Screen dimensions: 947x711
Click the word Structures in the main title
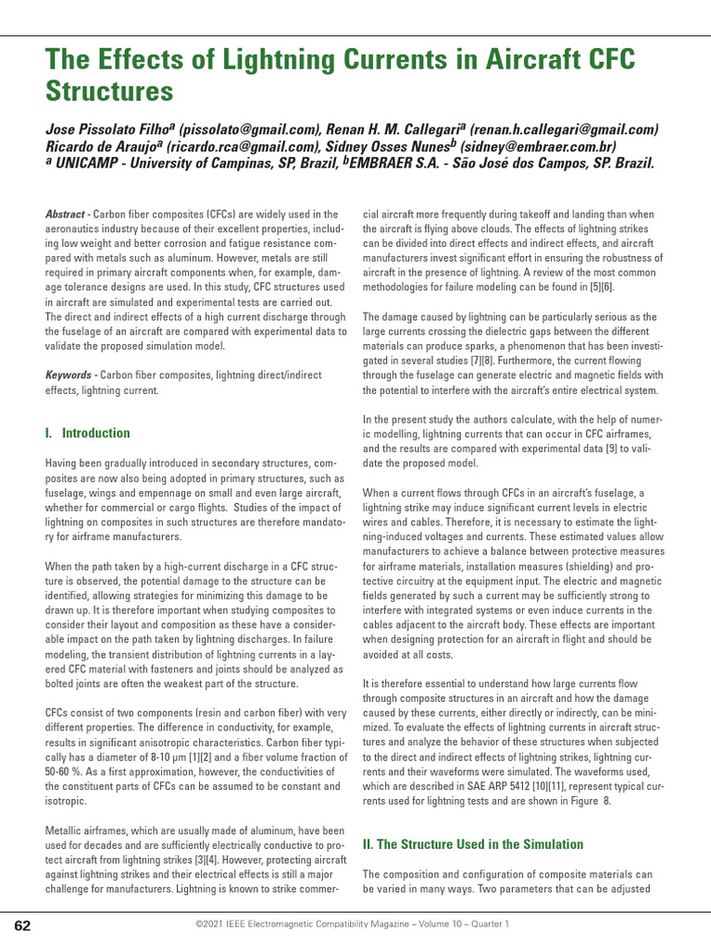(109, 92)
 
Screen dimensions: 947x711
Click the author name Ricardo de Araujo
(102, 146)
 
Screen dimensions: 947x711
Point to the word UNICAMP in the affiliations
(90, 163)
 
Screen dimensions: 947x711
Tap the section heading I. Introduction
(88, 433)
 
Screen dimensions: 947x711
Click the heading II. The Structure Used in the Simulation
(473, 844)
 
